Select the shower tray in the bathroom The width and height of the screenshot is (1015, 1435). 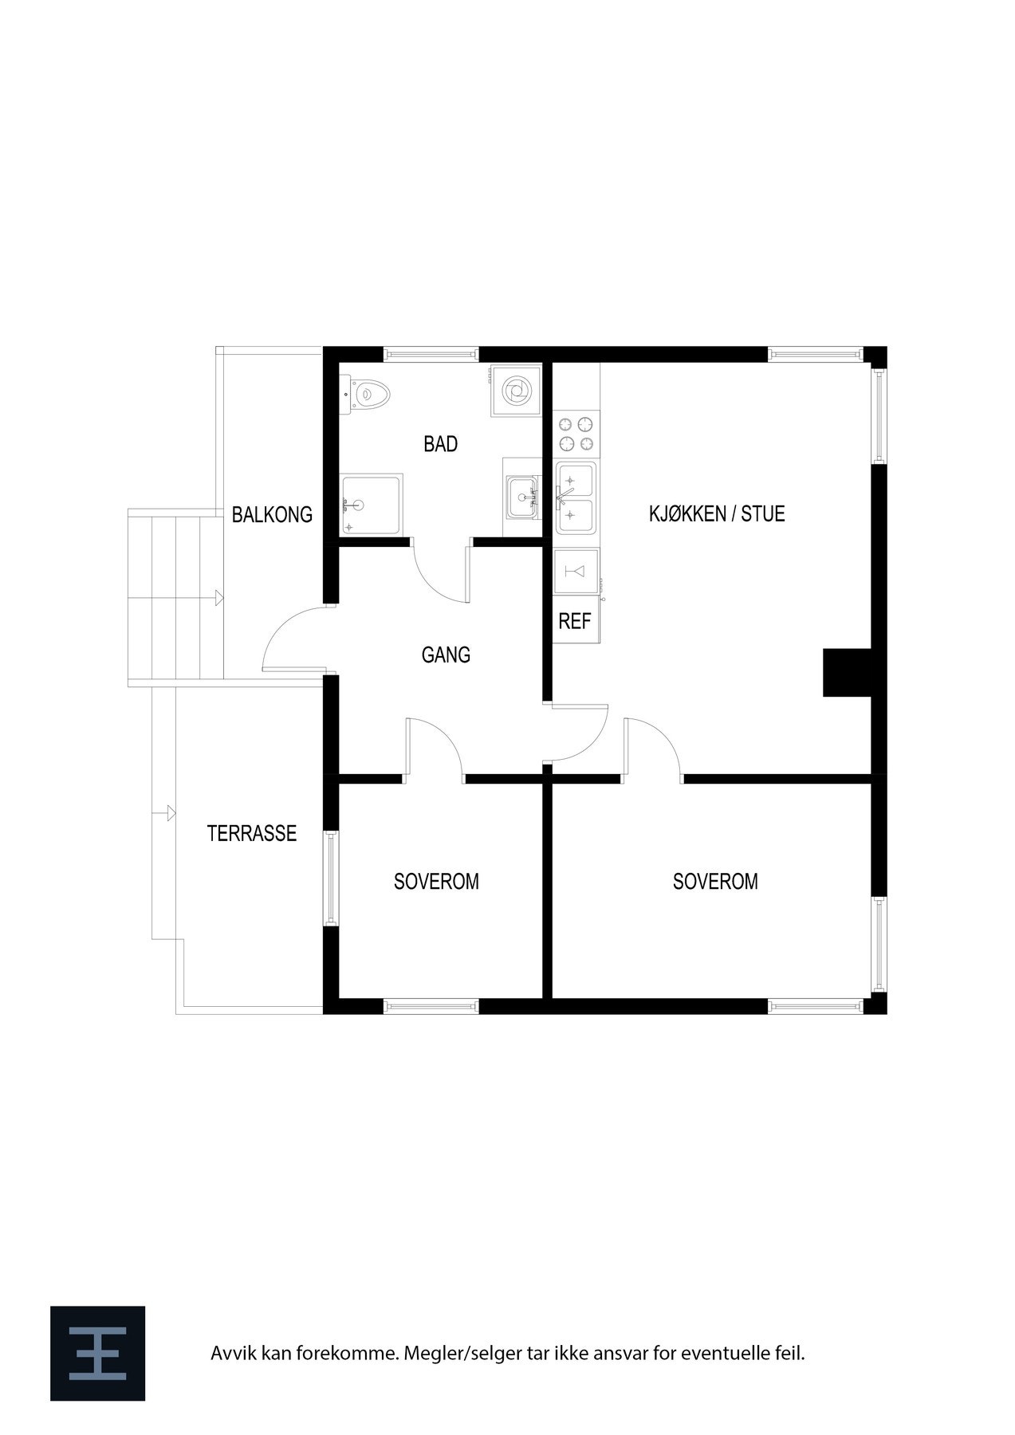[x=372, y=504]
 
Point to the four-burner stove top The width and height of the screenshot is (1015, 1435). [x=576, y=434]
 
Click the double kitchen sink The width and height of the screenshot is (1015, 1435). [x=576, y=497]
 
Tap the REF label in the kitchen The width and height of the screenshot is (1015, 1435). [x=574, y=622]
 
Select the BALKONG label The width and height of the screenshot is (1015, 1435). [x=272, y=515]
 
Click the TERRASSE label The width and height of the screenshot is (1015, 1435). [x=252, y=834]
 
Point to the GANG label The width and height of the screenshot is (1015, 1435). [x=446, y=655]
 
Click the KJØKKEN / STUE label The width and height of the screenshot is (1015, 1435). [x=717, y=514]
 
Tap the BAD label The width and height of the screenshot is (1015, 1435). [x=441, y=445]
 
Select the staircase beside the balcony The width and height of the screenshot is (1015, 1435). [x=175, y=598]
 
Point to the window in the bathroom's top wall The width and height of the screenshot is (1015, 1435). [x=431, y=355]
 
